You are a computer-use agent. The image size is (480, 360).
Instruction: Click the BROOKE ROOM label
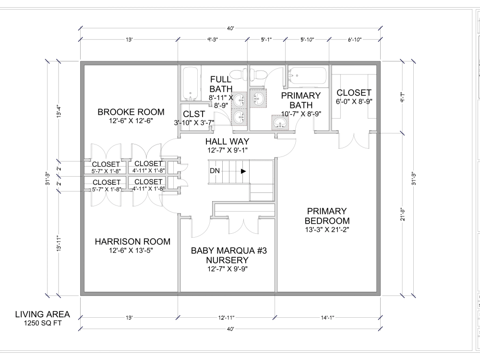coord(131,112)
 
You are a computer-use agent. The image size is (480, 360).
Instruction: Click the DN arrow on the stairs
coord(244,171)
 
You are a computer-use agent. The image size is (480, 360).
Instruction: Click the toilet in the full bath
coord(236,74)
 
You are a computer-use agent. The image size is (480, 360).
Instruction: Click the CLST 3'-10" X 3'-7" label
coord(194,118)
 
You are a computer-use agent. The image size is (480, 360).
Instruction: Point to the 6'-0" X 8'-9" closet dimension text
coord(354,101)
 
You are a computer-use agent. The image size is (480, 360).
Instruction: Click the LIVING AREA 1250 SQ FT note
coord(42,318)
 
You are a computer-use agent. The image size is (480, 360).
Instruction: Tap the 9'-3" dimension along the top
coord(212,40)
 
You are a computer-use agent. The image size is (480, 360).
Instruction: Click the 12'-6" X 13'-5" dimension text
coord(131,250)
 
